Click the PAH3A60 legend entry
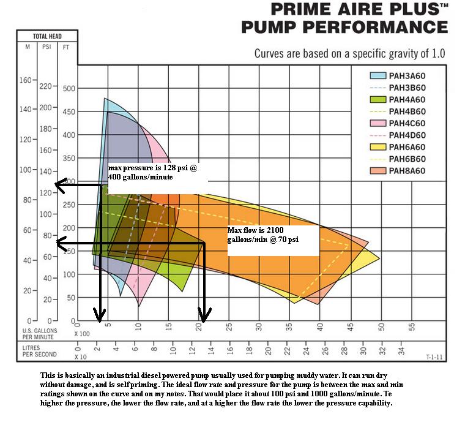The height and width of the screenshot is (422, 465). [x=406, y=76]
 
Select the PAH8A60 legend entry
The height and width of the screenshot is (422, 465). [x=406, y=170]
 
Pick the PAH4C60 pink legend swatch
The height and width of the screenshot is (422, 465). [x=378, y=123]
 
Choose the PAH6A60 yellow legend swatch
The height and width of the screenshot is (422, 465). [x=378, y=147]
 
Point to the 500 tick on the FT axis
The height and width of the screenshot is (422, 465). [x=68, y=88]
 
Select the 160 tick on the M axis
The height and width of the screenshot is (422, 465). [x=25, y=80]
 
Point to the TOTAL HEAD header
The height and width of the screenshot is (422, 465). [x=47, y=36]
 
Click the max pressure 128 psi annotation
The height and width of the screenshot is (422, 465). [x=153, y=171]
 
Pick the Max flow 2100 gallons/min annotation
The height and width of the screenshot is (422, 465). [x=263, y=235]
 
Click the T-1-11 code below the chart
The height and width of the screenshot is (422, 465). [x=434, y=356]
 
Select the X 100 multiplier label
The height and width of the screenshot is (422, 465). [x=82, y=333]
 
